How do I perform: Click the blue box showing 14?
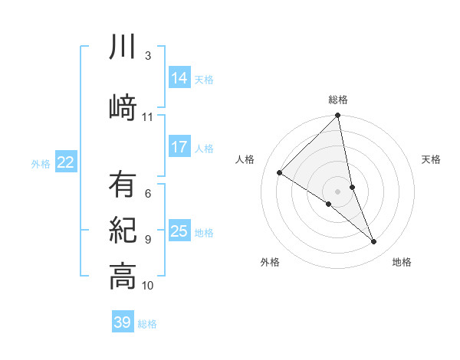coord(179,78)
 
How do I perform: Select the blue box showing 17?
coord(179,147)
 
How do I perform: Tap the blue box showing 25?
coord(179,231)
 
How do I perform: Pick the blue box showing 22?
coord(66,162)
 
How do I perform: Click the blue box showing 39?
coord(123,322)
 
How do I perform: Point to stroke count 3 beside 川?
coord(147,55)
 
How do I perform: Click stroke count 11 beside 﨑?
coord(147,116)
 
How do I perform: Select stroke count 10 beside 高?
coord(147,286)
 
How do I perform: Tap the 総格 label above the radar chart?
coord(337,100)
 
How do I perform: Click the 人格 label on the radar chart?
coord(245,159)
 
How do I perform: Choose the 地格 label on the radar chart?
coord(402,262)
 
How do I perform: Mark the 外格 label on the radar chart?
coord(270,262)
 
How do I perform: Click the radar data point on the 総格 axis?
coord(337,116)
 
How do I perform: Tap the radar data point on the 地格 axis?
coord(374,242)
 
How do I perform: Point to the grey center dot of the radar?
coord(337,190)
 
